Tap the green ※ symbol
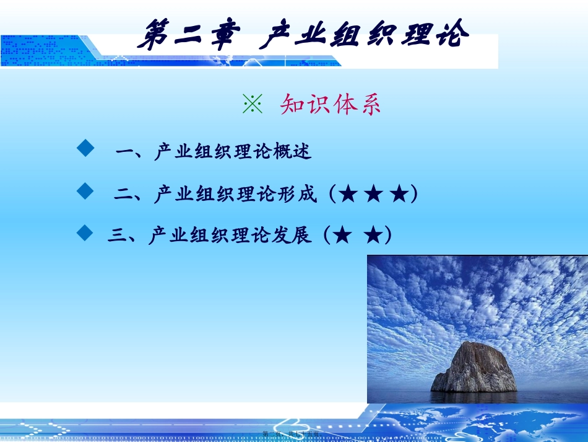tap(253, 105)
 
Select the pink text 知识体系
tap(331, 105)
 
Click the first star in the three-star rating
tap(348, 195)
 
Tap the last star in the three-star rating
tap(400, 195)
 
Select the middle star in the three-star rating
tap(374, 195)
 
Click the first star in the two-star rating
tap(343, 236)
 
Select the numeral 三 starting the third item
tap(118, 236)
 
